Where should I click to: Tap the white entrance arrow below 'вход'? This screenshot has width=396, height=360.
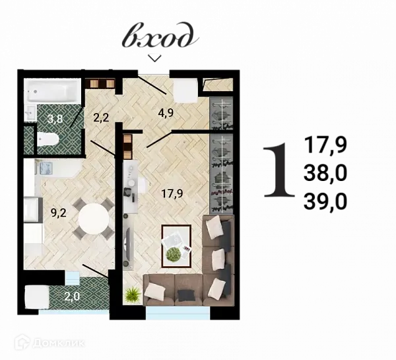154,58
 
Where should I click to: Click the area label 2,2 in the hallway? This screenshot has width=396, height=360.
101,119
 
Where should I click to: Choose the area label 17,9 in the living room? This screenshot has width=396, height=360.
172,194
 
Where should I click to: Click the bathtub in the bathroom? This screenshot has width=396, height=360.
52,90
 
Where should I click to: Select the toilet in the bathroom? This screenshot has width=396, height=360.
47,139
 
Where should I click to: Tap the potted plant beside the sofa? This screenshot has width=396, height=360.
132,294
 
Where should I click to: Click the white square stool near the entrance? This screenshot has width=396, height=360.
186,90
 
